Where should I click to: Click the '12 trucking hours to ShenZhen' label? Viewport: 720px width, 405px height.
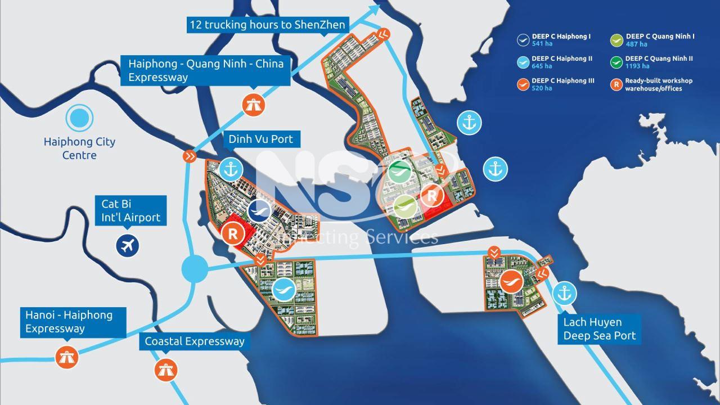pyautogui.click(x=267, y=25)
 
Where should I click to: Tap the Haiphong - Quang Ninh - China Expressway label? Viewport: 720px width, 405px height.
pyautogui.click(x=205, y=70)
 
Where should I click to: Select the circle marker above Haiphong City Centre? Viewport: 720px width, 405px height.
pyautogui.click(x=79, y=118)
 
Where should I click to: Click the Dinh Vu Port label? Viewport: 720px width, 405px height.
pyautogui.click(x=260, y=139)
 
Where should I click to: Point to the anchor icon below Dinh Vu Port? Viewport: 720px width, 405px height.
pyautogui.click(x=229, y=168)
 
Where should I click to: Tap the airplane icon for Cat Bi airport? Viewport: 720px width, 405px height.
pyautogui.click(x=128, y=245)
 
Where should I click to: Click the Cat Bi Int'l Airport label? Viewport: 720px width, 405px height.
pyautogui.click(x=130, y=210)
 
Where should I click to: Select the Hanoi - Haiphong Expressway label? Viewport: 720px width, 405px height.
pyautogui.click(x=68, y=322)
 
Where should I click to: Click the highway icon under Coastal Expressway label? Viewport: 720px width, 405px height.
pyautogui.click(x=166, y=369)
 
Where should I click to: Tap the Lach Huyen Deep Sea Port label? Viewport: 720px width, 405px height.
pyautogui.click(x=600, y=328)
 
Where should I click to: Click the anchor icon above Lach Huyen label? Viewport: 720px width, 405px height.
pyautogui.click(x=563, y=293)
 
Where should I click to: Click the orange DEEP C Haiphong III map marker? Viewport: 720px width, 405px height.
pyautogui.click(x=512, y=280)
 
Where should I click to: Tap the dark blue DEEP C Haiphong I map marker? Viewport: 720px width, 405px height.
pyautogui.click(x=260, y=210)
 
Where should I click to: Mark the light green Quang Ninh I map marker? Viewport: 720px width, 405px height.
pyautogui.click(x=405, y=206)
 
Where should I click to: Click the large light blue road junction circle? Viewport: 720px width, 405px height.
pyautogui.click(x=195, y=268)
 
